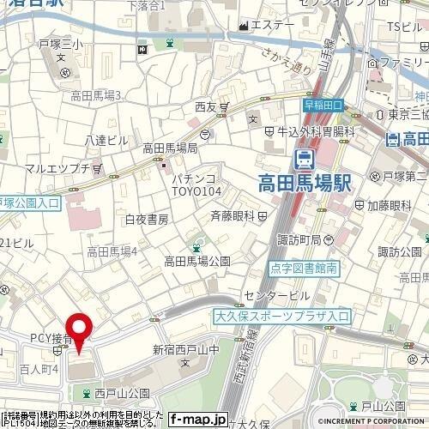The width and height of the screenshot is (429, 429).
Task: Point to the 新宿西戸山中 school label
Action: click(x=186, y=349)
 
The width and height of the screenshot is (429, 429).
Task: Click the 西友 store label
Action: click(x=206, y=107)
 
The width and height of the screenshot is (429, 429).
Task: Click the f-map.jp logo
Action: click(x=197, y=420)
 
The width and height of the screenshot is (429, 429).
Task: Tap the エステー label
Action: click(x=273, y=25)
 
